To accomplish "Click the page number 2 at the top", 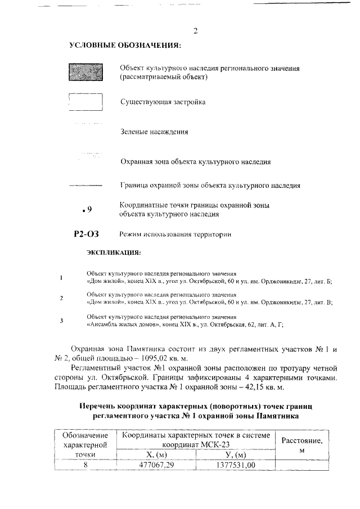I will click(x=195, y=31).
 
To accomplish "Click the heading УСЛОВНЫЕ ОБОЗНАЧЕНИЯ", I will click(x=124, y=45).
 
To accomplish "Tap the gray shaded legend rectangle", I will click(x=85, y=73).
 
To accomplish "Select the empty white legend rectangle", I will click(x=85, y=102).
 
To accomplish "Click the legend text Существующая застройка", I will click(x=163, y=102).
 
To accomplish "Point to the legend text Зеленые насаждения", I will click(x=154, y=132).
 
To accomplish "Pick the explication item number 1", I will click(x=61, y=277).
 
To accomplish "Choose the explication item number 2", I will click(x=61, y=298).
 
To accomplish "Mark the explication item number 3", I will click(x=61, y=320).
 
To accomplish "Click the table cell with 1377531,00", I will click(x=236, y=465).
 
